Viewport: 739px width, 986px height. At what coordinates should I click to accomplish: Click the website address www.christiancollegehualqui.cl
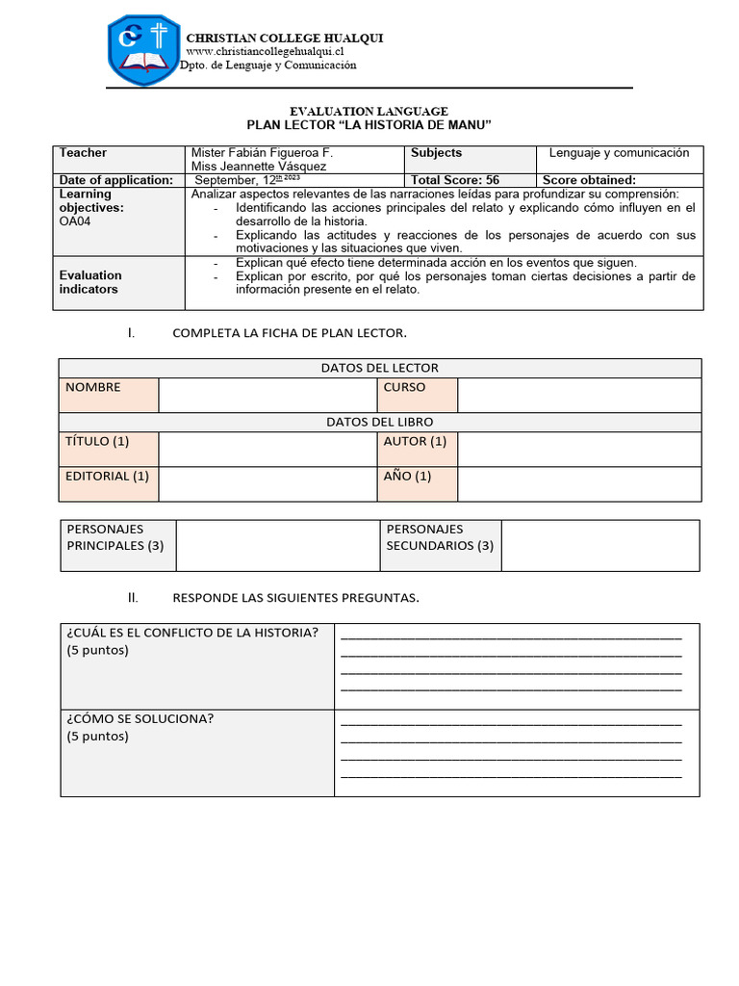click(x=265, y=51)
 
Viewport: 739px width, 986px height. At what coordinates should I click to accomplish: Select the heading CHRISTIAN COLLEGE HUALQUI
click(x=284, y=38)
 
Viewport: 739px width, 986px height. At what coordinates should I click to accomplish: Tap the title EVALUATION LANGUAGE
click(x=369, y=112)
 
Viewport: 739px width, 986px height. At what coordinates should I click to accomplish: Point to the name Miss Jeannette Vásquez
click(x=259, y=167)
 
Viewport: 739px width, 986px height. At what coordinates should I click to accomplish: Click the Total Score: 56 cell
click(x=455, y=180)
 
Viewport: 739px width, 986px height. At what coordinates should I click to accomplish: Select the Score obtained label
click(x=589, y=180)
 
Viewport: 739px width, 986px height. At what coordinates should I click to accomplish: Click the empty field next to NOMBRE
click(x=267, y=395)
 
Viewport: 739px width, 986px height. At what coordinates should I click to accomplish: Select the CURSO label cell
click(x=417, y=395)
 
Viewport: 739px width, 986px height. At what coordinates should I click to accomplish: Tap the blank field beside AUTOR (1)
click(x=578, y=449)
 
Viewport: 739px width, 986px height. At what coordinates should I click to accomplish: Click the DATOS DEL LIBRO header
click(x=379, y=422)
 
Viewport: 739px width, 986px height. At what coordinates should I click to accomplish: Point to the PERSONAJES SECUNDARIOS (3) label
click(x=440, y=537)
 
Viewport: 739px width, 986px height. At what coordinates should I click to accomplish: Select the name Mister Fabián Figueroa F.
click(x=263, y=153)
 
